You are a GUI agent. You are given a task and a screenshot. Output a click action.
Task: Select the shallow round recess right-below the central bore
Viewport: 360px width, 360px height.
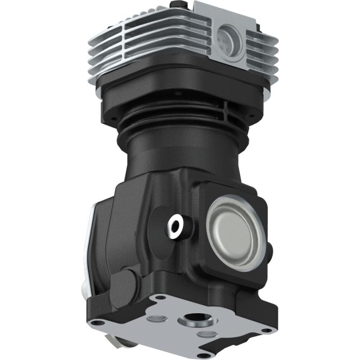pos(207,333)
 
